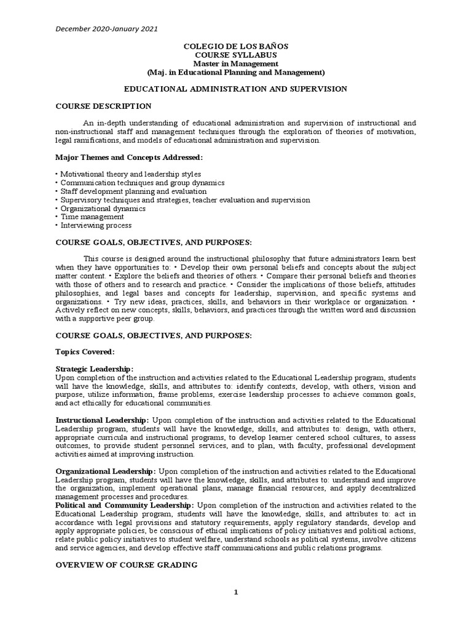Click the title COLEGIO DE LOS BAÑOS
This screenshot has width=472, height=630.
tap(236, 47)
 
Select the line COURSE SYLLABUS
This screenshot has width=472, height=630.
tap(236, 55)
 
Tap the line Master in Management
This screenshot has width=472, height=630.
tap(236, 64)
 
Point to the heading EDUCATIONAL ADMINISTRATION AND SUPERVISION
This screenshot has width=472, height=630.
tap(236, 89)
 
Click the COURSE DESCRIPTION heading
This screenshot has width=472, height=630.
tap(103, 106)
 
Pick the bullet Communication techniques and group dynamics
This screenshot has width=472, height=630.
tap(140, 183)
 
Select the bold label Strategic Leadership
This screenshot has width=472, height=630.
tap(94, 369)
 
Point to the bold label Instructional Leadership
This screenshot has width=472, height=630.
tap(103, 420)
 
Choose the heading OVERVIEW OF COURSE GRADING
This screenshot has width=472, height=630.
tap(127, 565)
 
